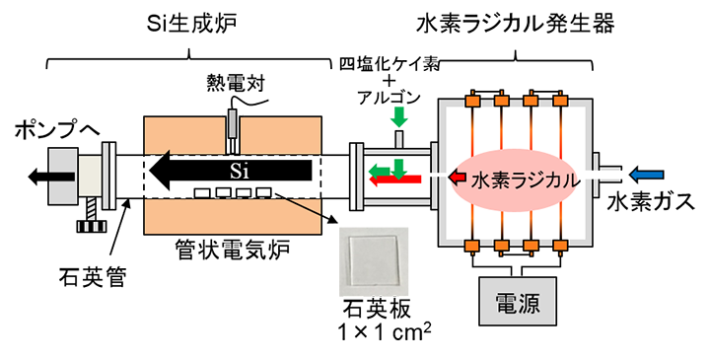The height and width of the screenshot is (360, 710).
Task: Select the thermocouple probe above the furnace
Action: point(233,126)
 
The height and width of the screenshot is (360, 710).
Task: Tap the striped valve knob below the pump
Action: point(93,228)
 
